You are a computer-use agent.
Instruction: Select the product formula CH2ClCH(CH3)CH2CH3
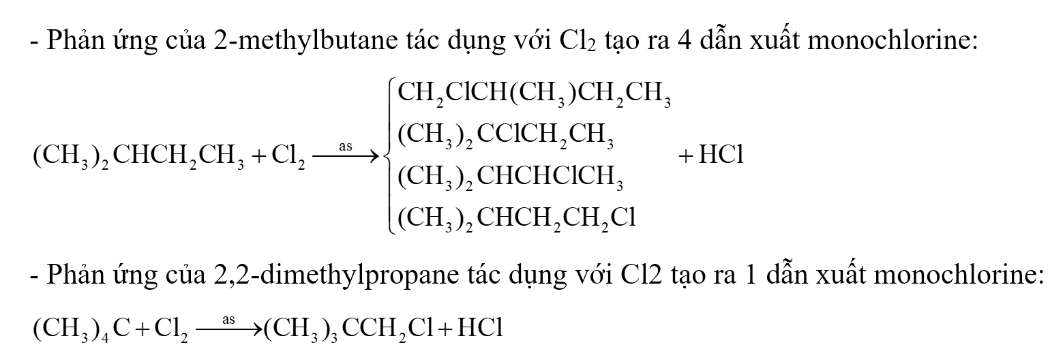534,95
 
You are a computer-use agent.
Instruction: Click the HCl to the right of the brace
710,156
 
